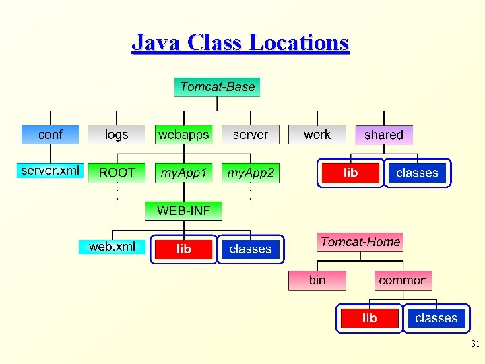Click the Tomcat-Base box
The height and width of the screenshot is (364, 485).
[217, 87]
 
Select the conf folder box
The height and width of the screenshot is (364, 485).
[50, 135]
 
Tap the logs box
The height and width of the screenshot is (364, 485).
[117, 135]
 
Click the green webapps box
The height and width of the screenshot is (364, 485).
[183, 135]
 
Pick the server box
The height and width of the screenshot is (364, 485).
[250, 135]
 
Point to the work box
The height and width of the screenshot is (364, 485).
[317, 135]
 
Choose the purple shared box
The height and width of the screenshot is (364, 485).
[383, 135]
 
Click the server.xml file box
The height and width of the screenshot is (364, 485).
[50, 171]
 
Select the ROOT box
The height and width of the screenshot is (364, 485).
[117, 173]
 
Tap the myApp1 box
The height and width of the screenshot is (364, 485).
[183, 173]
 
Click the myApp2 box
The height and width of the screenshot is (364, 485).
[250, 173]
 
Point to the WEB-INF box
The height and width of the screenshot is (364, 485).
[183, 210]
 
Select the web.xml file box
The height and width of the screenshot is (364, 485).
[112, 247]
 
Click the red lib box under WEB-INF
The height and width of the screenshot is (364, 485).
[183, 249]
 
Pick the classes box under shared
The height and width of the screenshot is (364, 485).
[416, 173]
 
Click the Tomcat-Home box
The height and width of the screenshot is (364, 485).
[360, 242]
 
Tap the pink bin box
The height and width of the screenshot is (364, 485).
[317, 280]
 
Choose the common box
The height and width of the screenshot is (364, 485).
[403, 280]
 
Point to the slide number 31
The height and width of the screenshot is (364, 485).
[475, 344]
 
